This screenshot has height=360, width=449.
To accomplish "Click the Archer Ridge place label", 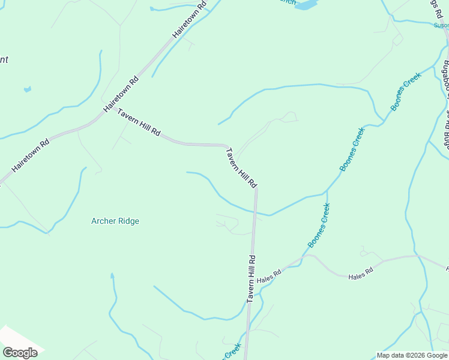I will [115, 221].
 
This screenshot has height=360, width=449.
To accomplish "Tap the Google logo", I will [20, 352].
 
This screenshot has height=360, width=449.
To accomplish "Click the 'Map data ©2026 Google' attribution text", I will [412, 355].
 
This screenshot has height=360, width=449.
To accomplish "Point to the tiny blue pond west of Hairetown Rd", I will [27, 90].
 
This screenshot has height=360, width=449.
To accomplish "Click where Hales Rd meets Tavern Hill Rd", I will [253, 281].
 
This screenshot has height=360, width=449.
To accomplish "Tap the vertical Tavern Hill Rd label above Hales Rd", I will [252, 279].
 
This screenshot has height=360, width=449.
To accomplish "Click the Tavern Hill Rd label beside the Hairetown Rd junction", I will [139, 122].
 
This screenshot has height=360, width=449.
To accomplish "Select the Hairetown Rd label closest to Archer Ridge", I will [30, 157].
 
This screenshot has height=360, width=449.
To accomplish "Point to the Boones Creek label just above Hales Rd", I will [319, 225].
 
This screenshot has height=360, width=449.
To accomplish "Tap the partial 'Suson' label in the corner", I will [441, 25].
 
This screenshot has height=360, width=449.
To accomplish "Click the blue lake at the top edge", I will [306, 5].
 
